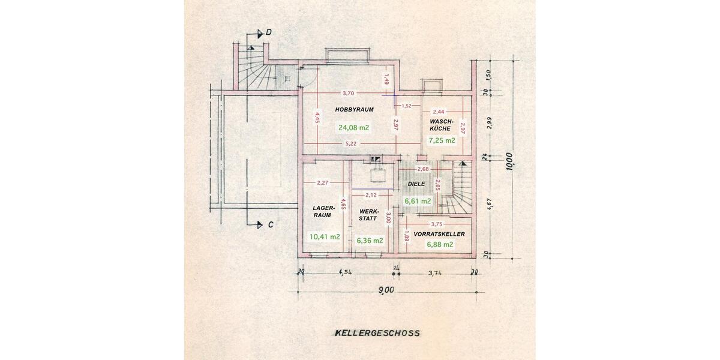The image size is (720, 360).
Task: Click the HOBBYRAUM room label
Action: point(354,110)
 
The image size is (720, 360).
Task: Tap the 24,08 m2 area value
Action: point(353,128)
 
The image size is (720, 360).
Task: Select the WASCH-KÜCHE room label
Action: point(441,125)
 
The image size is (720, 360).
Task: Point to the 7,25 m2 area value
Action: point(442,140)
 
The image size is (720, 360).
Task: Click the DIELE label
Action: point(416,184)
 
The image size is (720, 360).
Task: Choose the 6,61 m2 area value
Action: point(418,201)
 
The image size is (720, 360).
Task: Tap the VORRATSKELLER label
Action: point(439,234)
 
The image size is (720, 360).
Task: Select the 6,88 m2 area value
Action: point(440,245)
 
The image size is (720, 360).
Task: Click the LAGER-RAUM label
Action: point(322,211)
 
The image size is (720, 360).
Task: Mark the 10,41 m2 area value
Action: point(325,237)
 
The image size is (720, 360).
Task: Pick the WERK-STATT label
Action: point(369,215)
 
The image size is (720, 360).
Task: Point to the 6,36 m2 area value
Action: point(370,241)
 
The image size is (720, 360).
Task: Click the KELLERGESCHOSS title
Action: point(377,333)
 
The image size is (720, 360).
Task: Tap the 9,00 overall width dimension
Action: point(386,290)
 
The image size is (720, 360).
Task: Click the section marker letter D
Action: point(269,32)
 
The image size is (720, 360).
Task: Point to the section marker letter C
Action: point(271,225)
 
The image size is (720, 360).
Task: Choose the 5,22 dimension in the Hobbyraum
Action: point(350,143)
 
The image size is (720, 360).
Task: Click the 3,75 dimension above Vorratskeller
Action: point(437,224)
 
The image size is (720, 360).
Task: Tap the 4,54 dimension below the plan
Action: point(345,272)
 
